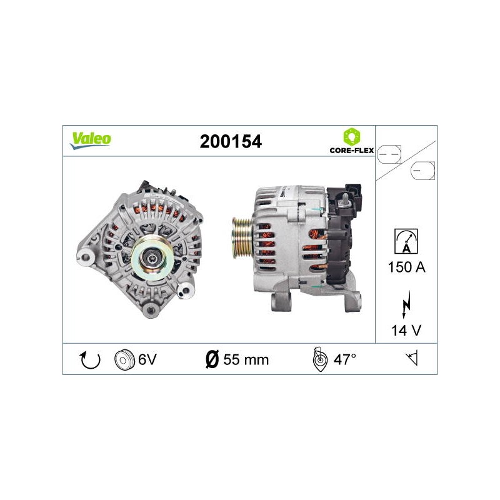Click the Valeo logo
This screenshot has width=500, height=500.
(x=91, y=141)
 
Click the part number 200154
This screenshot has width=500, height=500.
(x=231, y=142)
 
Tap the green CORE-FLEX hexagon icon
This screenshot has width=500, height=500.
(x=351, y=137)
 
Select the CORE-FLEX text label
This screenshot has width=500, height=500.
(x=352, y=150)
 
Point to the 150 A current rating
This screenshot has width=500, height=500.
(x=407, y=267)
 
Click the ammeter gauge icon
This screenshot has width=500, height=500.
(x=406, y=241)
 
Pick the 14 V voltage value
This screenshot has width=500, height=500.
(x=406, y=331)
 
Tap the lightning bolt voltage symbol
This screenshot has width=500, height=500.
(x=406, y=304)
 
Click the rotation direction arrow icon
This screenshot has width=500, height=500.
(x=89, y=360)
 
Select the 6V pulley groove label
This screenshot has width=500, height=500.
(x=147, y=359)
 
